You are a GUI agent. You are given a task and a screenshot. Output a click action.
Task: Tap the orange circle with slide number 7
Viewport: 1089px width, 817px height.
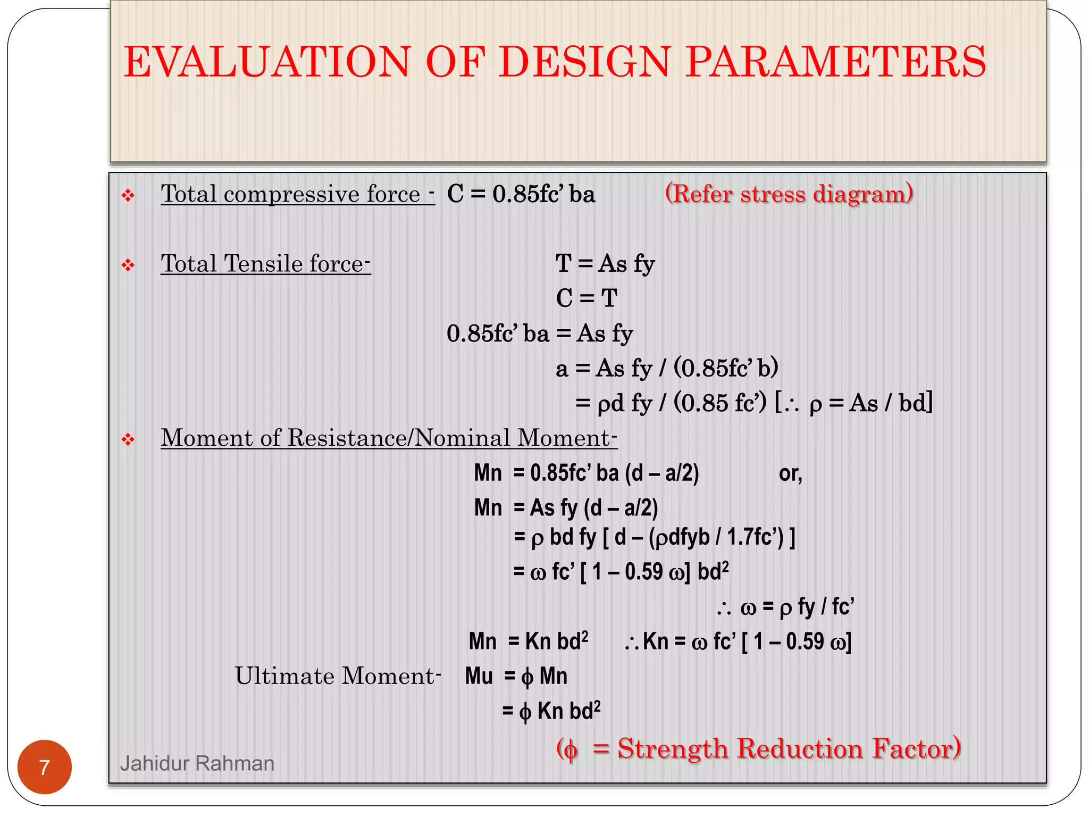[45, 767]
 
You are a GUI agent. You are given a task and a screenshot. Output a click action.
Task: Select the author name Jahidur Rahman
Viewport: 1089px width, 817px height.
[197, 763]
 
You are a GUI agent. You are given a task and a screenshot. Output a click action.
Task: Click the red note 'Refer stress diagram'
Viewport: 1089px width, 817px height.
[789, 194]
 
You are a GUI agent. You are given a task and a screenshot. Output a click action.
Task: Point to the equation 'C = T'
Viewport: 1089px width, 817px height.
[587, 298]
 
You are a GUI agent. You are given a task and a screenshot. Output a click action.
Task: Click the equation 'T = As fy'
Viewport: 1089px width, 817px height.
[605, 264]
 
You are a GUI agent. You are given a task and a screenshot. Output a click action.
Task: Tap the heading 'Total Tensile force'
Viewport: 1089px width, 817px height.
[265, 264]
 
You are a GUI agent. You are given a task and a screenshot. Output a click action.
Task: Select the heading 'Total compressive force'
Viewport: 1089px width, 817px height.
[297, 194]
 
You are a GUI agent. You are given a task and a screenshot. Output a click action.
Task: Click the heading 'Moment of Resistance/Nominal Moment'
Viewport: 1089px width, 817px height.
[389, 438]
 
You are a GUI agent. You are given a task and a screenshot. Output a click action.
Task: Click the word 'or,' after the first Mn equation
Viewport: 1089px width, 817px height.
[790, 473]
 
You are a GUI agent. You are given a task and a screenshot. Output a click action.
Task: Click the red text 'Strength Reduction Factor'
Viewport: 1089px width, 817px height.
[789, 748]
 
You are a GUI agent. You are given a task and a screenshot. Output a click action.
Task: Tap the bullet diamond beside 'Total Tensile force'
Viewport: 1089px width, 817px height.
[128, 264]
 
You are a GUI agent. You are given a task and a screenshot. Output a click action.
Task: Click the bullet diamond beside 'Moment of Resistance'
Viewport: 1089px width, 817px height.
[128, 439]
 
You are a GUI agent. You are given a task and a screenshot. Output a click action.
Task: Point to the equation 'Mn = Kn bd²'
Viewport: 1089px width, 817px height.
[529, 641]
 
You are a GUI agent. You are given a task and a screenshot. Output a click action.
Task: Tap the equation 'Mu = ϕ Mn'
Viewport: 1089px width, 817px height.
[516, 677]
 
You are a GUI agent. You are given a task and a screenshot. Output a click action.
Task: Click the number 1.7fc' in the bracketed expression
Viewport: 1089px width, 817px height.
[755, 537]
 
